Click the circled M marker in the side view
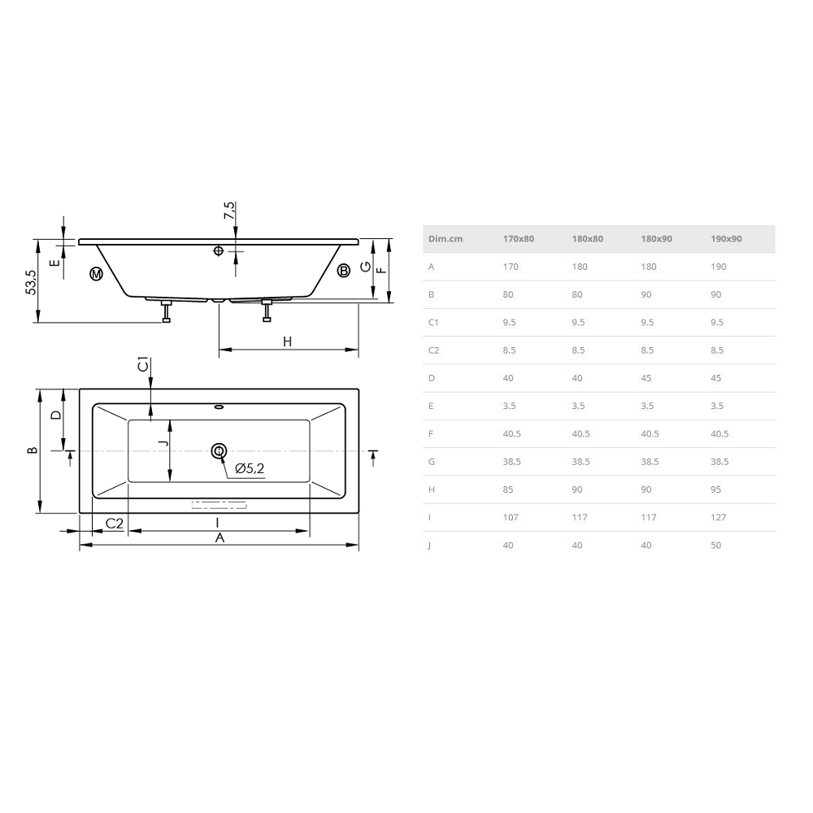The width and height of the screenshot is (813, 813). tap(96, 273)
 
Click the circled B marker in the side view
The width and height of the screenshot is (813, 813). tap(343, 270)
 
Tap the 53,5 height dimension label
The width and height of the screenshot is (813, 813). tap(31, 282)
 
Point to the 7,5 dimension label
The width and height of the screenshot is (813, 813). tap(229, 210)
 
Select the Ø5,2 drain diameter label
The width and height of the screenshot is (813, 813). tap(250, 469)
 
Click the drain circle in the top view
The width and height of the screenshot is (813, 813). tap(219, 451)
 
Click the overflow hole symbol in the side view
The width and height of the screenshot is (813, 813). tap(218, 251)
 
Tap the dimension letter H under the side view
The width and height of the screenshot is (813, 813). tap(287, 341)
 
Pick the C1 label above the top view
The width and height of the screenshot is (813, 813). tap(143, 364)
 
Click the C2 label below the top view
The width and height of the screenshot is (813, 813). tap(115, 523)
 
